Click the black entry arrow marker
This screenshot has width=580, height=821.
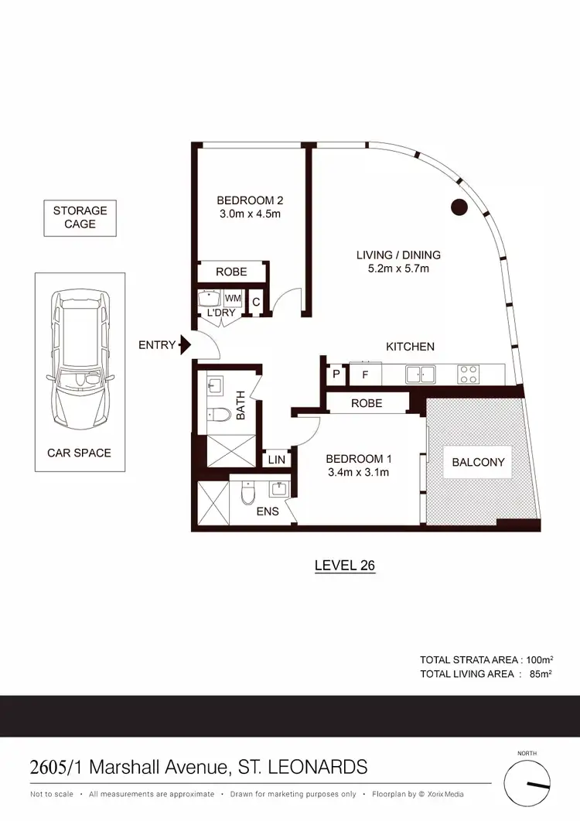(185, 345)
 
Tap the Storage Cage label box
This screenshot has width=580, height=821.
(80, 217)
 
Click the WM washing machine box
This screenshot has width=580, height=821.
(233, 299)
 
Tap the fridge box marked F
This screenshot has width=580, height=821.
(365, 374)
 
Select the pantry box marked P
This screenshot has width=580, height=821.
(336, 374)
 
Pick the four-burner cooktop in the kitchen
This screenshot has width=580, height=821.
(468, 374)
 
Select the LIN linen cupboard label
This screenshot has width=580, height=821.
(276, 460)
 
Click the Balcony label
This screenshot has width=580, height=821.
(478, 463)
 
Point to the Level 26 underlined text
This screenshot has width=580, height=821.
(344, 566)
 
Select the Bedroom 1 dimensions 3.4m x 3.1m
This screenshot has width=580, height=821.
(359, 471)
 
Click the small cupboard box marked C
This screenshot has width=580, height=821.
(256, 302)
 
